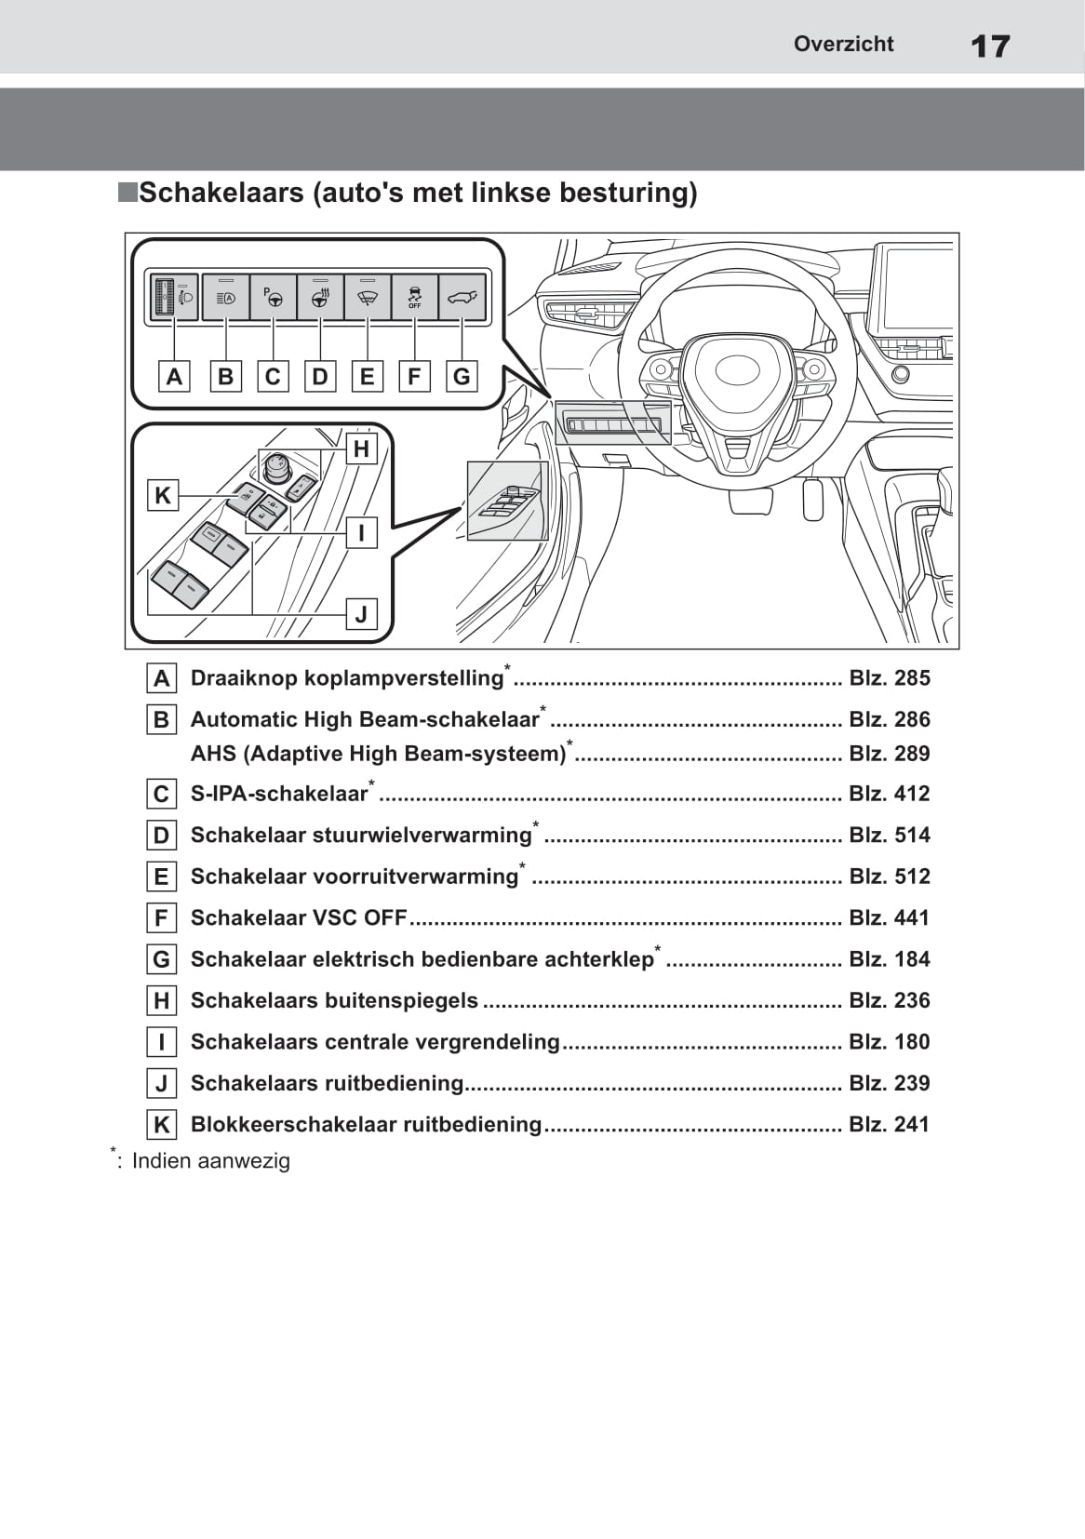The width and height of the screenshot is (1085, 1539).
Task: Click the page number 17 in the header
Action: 989,46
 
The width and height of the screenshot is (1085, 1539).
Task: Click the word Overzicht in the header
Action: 843,44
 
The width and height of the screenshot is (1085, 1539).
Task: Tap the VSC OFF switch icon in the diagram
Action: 414,298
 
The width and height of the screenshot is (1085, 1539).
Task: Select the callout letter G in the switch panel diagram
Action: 462,377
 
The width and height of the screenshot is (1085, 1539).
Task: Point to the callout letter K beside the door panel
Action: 162,495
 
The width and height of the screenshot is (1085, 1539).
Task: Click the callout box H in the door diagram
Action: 361,449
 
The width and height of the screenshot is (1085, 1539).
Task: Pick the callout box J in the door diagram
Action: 361,614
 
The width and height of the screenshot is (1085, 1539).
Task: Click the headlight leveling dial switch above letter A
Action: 174,298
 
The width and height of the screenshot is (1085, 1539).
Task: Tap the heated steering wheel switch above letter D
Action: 320,298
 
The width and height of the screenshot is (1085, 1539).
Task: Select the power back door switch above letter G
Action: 462,298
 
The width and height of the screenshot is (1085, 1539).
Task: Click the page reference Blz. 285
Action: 889,678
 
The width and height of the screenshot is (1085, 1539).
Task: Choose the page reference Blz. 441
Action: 889,918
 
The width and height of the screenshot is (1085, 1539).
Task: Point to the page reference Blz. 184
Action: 889,959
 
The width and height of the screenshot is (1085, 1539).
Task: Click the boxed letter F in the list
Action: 162,918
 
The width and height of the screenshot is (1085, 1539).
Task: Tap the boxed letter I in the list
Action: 162,1042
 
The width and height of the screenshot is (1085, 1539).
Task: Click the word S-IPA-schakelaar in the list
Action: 279,794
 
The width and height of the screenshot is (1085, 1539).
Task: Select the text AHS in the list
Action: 213,754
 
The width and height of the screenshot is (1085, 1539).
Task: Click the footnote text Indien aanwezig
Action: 210,1161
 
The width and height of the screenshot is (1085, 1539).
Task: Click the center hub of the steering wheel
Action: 738,368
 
